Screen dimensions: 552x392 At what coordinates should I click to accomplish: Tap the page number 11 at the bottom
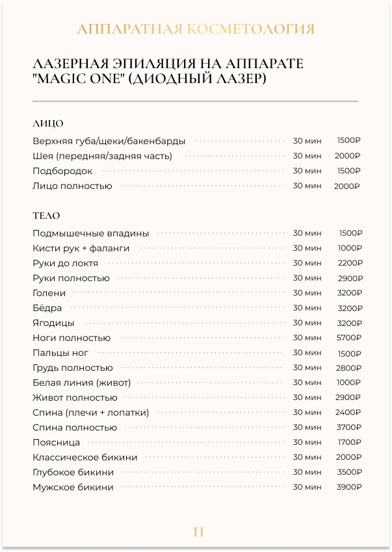198,532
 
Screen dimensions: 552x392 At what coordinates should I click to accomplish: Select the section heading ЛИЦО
47,123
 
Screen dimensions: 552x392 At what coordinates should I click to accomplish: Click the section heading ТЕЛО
46,216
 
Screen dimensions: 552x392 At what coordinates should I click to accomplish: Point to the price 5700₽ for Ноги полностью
349,338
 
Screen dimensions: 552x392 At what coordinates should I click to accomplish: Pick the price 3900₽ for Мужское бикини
349,487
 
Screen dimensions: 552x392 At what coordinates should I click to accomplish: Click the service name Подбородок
62,171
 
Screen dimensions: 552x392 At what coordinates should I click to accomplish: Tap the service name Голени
49,293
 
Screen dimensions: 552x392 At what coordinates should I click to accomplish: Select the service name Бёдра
47,308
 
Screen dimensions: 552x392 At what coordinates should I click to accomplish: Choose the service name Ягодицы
53,323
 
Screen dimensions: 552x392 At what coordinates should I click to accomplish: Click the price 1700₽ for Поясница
350,442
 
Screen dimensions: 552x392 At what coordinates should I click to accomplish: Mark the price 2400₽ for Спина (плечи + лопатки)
349,412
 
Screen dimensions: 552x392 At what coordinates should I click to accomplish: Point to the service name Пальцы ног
60,353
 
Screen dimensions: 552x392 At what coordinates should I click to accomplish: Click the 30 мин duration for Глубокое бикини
307,472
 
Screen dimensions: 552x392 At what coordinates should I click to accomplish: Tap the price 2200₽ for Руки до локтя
350,263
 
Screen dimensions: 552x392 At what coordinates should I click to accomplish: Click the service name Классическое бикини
85,457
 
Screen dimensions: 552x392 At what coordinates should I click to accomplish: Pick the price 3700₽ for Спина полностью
349,427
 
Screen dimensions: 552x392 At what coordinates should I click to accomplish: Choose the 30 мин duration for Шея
307,156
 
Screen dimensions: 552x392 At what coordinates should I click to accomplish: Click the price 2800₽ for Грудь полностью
349,368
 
